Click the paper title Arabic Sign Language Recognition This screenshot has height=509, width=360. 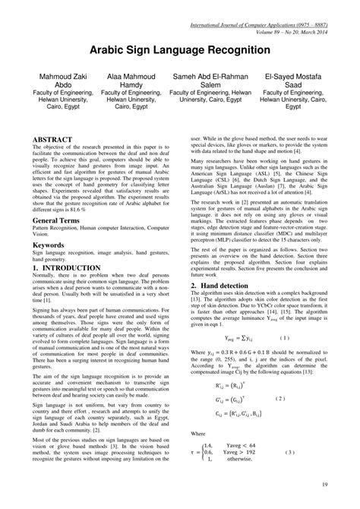180,48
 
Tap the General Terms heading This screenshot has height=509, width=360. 62,219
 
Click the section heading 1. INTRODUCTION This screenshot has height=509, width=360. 69,268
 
